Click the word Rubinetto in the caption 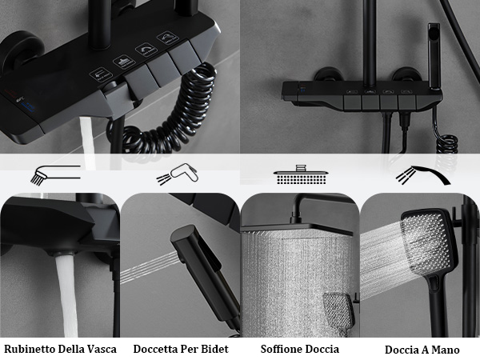(30, 349)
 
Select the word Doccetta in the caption (158, 349)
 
